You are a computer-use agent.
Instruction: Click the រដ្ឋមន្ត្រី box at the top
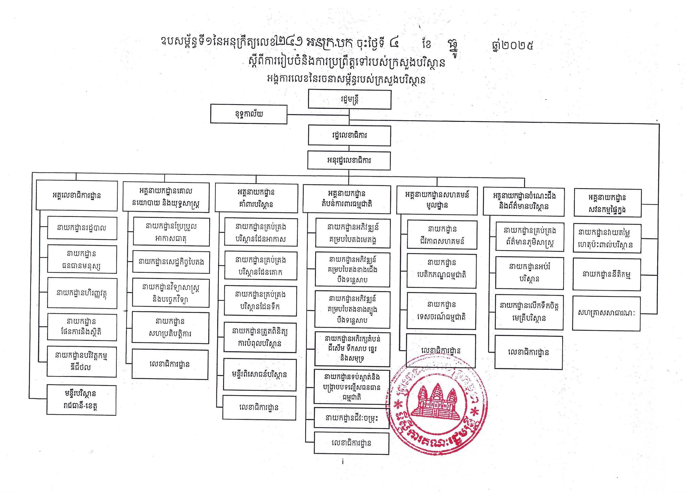coord(350,99)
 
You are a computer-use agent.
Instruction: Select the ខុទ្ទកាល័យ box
coord(248,114)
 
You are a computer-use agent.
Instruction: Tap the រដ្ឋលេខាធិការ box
coord(349,136)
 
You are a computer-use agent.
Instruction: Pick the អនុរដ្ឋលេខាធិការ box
coord(349,160)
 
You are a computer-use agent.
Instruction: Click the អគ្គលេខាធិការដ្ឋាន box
coord(77,195)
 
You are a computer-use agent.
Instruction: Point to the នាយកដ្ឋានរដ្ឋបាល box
coord(82,228)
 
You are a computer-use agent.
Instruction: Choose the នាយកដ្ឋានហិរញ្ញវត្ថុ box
coord(82,293)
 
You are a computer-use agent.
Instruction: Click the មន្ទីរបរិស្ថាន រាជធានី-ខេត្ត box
coord(81,400)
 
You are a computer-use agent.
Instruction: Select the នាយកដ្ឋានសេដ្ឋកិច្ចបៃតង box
coord(171,262)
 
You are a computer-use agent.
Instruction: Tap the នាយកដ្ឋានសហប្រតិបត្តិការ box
coord(170,327)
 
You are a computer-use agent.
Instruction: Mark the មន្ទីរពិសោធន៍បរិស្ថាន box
coord(260,375)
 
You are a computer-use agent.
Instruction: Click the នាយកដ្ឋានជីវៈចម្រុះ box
coord(351,418)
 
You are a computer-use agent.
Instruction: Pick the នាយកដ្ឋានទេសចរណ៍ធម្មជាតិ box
coord(441,311)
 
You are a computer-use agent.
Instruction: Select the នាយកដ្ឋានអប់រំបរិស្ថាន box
coord(529,273)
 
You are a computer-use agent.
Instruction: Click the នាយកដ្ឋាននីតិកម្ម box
coord(606,274)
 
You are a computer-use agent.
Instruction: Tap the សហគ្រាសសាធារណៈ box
coord(606,313)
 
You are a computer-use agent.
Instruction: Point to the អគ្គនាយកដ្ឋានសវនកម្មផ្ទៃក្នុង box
coord(607,203)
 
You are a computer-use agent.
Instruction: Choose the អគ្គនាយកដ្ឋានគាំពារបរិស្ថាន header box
coord(256,198)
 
